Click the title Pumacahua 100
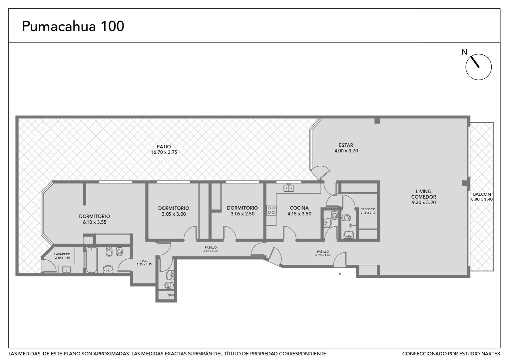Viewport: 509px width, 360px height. pyautogui.click(x=73, y=26)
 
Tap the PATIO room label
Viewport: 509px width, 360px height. pyautogui.click(x=164, y=147)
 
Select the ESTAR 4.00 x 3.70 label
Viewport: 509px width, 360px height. pyautogui.click(x=346, y=148)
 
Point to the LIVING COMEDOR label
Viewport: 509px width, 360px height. pyautogui.click(x=424, y=194)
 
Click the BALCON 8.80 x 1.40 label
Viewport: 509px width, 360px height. pyautogui.click(x=482, y=197)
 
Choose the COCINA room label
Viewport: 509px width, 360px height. pyautogui.click(x=299, y=208)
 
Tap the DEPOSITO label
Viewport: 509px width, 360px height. pyautogui.click(x=368, y=209)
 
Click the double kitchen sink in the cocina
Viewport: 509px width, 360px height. pyautogui.click(x=289, y=188)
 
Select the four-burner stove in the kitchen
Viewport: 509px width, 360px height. pyautogui.click(x=271, y=210)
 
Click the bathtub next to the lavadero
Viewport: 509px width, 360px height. pyautogui.click(x=92, y=260)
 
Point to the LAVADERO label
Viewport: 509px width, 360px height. pyautogui.click(x=62, y=254)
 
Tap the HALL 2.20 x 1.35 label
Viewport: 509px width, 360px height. pyautogui.click(x=144, y=263)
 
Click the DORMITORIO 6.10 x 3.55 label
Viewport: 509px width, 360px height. pyautogui.click(x=95, y=219)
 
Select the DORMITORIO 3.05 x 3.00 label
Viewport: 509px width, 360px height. pyautogui.click(x=174, y=211)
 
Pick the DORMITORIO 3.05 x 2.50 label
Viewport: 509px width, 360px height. pyautogui.click(x=243, y=211)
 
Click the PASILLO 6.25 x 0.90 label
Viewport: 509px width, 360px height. pyautogui.click(x=211, y=249)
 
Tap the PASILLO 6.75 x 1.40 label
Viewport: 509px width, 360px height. pyautogui.click(x=323, y=253)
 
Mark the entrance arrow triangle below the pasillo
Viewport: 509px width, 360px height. pyautogui.click(x=340, y=274)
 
